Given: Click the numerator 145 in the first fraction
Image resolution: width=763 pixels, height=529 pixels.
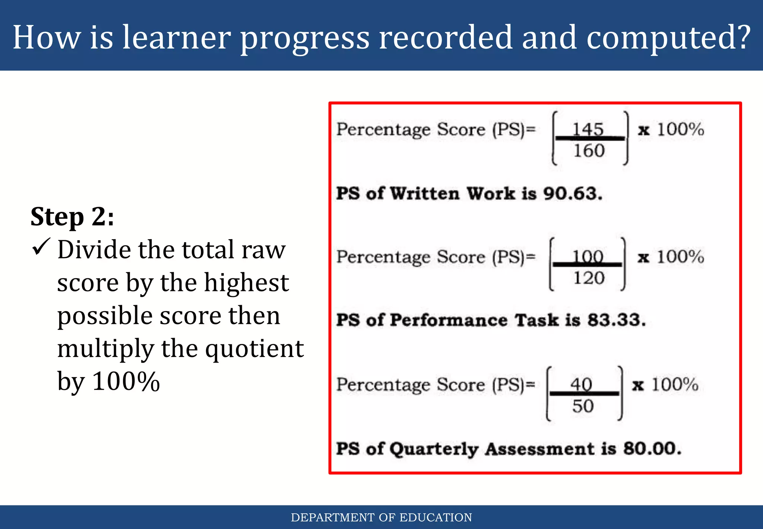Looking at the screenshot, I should pos(588,129).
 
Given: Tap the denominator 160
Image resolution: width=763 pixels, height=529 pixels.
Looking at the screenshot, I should pos(589,151).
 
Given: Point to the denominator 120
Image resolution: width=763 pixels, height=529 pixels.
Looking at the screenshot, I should pos(589,278).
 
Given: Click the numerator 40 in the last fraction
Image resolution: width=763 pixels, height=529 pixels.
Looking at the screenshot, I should pos(581,384).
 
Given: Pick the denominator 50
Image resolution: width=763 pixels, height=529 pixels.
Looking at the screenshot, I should pos(583,406).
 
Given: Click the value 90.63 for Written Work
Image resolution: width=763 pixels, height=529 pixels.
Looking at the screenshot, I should pos(572,194).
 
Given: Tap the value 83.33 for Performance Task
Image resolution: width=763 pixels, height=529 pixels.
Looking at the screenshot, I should pos(616,320).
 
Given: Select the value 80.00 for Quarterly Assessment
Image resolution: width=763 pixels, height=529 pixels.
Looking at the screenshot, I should pos(652,448).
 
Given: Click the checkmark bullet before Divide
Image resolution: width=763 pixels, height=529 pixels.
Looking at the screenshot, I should pos(41,247).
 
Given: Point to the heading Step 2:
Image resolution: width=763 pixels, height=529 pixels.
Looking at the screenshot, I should pos(72,217).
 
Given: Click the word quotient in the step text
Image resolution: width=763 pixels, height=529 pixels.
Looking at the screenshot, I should pos(255,349).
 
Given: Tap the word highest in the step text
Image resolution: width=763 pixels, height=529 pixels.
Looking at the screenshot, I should pos(246,283).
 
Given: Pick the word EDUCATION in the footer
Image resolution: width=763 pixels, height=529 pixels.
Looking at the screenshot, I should pos(436,517).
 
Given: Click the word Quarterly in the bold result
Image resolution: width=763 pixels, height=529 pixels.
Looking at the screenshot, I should pos(434,449).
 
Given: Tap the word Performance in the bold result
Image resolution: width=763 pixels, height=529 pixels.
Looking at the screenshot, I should pos(449,320).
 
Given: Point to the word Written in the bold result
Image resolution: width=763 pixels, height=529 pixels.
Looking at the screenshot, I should pos(425,194).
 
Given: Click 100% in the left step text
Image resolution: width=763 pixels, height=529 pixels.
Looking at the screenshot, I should pos(126,381).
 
